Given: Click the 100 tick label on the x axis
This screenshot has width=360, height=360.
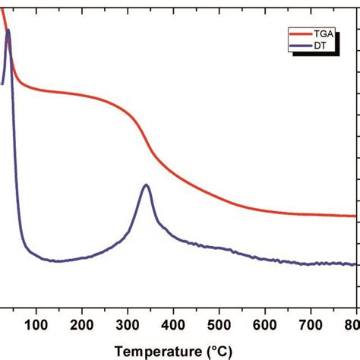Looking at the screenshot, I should pos(36,327).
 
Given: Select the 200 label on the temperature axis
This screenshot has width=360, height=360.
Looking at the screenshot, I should pos(81,327).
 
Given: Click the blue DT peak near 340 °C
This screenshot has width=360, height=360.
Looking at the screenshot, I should pos(146,185).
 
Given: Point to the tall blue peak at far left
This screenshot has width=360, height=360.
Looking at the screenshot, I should pos(8,31).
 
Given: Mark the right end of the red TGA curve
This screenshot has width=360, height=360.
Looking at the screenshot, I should pos(355,216).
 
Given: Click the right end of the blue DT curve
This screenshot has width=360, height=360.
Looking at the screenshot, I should pos(355,264).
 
